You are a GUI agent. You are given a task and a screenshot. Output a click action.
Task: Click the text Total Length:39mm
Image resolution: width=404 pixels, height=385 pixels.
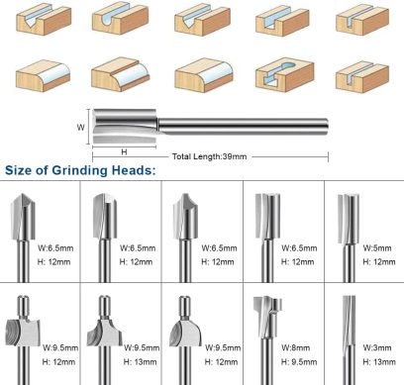point(209,156)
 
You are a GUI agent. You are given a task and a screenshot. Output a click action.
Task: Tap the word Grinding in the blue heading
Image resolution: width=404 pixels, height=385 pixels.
point(80,170)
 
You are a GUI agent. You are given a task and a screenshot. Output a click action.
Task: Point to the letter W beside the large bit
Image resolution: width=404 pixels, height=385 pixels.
point(80,128)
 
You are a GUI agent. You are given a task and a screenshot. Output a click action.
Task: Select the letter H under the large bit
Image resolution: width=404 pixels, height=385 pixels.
point(124,151)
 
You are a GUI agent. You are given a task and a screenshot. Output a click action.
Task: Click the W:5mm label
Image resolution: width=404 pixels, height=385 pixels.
point(377,248)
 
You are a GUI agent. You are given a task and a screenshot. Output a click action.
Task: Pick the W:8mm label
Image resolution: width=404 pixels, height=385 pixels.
point(296,347)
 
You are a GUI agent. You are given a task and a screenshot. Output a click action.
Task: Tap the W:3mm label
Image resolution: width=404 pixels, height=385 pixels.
point(377,347)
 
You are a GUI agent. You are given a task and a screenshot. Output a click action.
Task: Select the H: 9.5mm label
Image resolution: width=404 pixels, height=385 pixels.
point(299,362)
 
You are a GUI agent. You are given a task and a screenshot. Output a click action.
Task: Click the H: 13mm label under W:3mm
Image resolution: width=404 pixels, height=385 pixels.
point(379,362)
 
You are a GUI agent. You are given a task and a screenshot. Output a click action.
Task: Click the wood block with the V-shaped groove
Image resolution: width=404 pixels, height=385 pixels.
point(44,21)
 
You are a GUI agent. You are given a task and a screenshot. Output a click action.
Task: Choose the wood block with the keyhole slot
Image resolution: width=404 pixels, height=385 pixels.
point(284,75)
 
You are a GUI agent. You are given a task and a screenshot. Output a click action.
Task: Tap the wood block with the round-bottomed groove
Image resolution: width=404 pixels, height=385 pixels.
point(120,19)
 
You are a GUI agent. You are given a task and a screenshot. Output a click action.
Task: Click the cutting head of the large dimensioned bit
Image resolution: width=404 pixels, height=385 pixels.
point(125,127)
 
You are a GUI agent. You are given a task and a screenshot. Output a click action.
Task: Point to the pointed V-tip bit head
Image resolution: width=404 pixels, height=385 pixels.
point(23,217)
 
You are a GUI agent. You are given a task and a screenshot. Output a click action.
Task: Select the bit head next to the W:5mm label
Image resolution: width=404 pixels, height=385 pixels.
point(349,219)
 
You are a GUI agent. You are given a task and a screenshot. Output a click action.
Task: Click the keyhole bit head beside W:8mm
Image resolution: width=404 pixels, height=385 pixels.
point(267,317)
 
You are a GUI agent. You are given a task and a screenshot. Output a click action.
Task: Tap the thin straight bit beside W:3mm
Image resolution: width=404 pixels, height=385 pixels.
point(349,339)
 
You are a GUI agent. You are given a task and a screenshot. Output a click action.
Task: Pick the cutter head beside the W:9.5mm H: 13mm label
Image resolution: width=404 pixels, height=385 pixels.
point(104,333)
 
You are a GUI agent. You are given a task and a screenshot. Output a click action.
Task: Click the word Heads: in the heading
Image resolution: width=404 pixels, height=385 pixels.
point(134,170)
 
